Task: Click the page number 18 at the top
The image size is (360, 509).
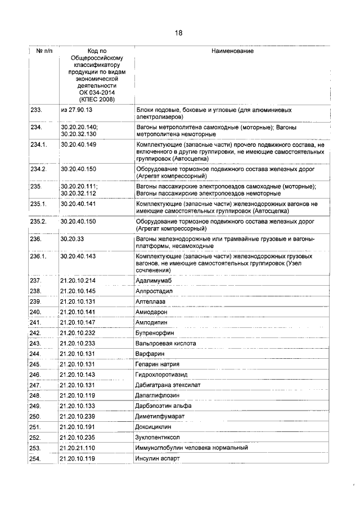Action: coord(178,33)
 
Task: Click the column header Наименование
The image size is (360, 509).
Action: coord(232,51)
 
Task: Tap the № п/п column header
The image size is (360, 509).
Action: coord(44,51)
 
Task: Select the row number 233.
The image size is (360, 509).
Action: coord(36,110)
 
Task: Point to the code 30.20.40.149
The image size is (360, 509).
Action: coord(78,145)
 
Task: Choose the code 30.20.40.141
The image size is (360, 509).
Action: coord(78,204)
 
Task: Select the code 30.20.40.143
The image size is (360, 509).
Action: coord(78,256)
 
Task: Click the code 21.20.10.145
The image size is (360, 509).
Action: coord(78,291)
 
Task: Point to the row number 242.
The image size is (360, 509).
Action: coord(36,333)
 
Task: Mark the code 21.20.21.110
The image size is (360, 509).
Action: coord(78,448)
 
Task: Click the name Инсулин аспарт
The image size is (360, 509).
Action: coord(157,458)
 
